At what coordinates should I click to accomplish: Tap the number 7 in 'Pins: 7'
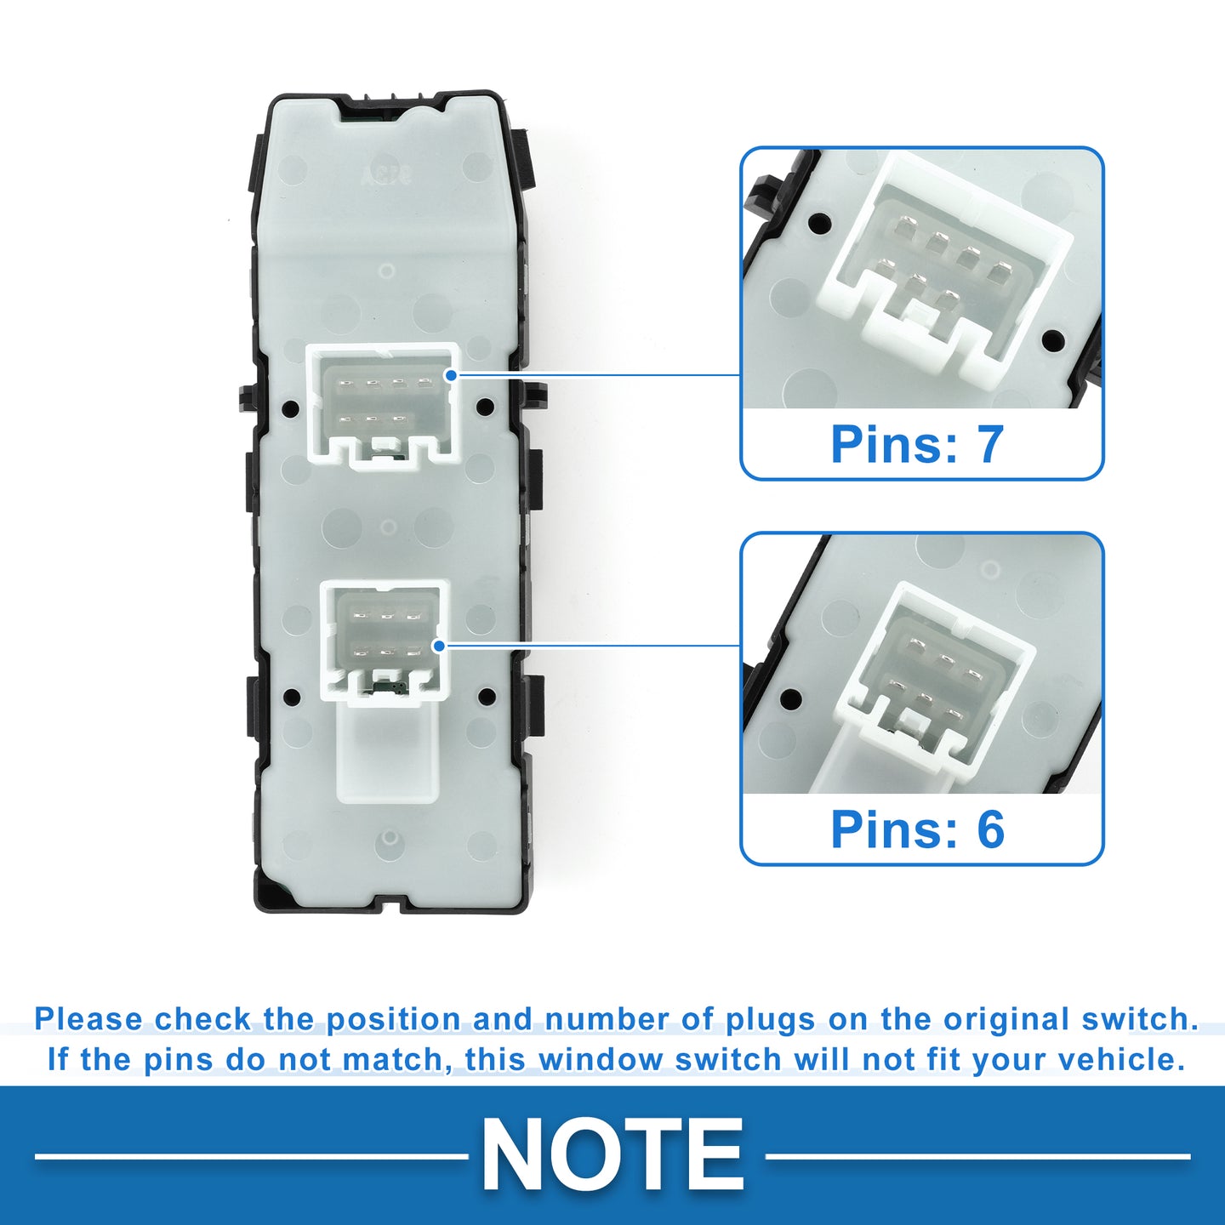point(989,444)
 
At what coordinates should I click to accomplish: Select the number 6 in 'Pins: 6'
point(990,829)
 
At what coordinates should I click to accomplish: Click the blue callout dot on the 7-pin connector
point(451,375)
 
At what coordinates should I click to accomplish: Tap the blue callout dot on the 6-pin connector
point(439,647)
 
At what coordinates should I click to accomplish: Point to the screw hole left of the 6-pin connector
point(293,696)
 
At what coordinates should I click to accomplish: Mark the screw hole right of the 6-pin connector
point(487,696)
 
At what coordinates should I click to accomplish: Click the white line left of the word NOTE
point(252,1156)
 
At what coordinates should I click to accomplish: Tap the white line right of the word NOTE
point(977,1156)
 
